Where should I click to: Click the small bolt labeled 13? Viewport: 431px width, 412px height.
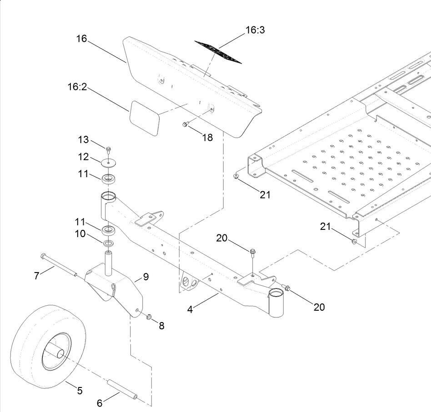[x=109, y=149]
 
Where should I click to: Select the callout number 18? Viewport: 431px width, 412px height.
[x=207, y=138]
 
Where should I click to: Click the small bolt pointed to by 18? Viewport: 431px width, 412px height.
[x=185, y=124]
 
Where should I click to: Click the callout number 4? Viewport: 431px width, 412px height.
[x=190, y=310]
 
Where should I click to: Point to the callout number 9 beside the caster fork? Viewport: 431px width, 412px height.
[x=145, y=277]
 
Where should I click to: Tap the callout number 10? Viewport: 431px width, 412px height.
[x=80, y=233]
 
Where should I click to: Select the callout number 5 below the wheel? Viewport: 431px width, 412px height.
[x=80, y=390]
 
